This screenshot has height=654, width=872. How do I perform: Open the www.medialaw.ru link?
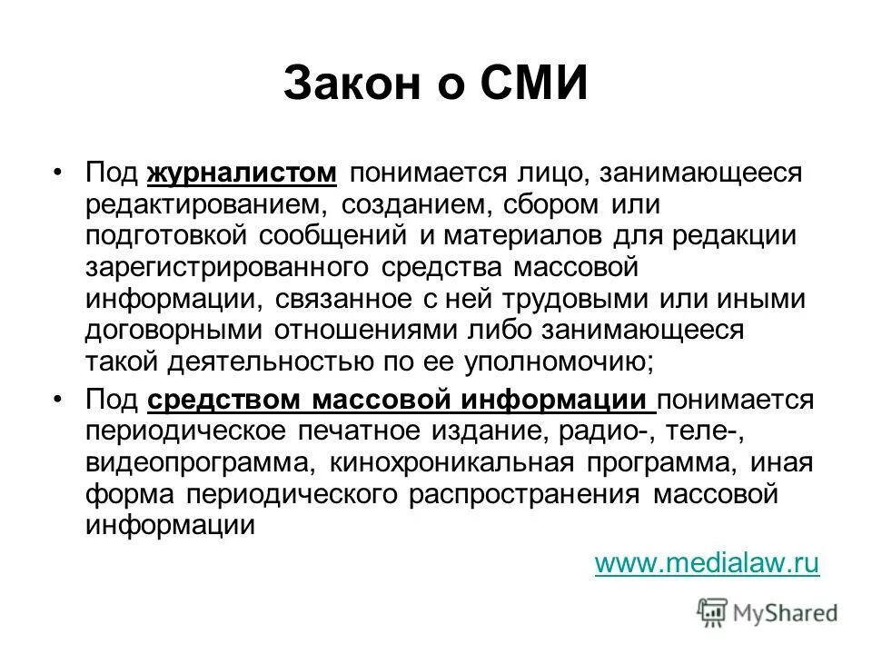[707, 563]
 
